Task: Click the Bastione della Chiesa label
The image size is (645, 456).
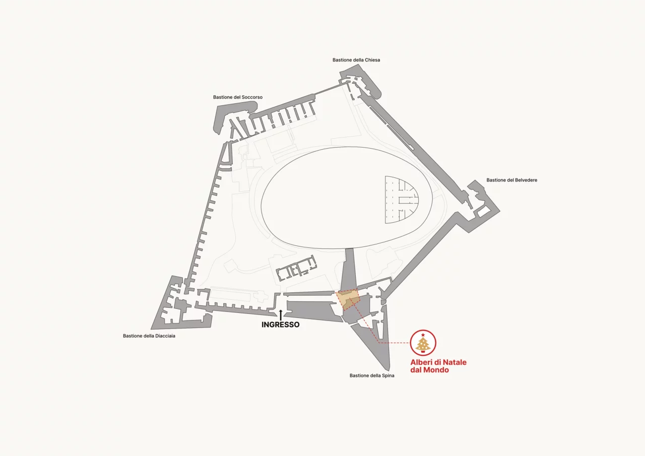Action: (x=356, y=60)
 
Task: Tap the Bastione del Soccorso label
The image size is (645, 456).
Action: (x=238, y=97)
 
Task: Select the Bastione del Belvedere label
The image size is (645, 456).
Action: (x=511, y=180)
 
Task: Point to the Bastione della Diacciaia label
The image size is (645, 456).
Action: (x=149, y=336)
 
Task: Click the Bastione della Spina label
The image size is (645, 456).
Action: (x=372, y=375)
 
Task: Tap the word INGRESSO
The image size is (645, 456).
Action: (x=281, y=324)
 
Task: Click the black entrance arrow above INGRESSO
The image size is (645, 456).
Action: (x=281, y=315)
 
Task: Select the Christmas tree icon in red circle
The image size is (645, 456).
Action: (x=423, y=343)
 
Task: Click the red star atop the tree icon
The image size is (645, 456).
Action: (x=423, y=335)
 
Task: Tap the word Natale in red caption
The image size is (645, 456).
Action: (x=455, y=362)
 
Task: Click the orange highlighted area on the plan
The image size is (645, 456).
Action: (x=348, y=299)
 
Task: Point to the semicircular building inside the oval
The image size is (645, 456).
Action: (x=400, y=200)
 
